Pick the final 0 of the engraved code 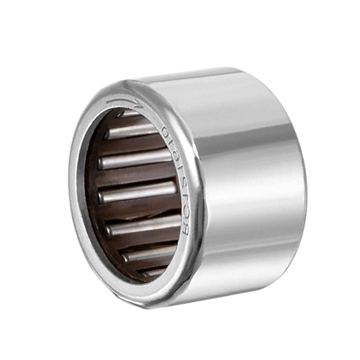[x=165, y=131]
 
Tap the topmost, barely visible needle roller [x=130, y=114]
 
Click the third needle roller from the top [x=135, y=159]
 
